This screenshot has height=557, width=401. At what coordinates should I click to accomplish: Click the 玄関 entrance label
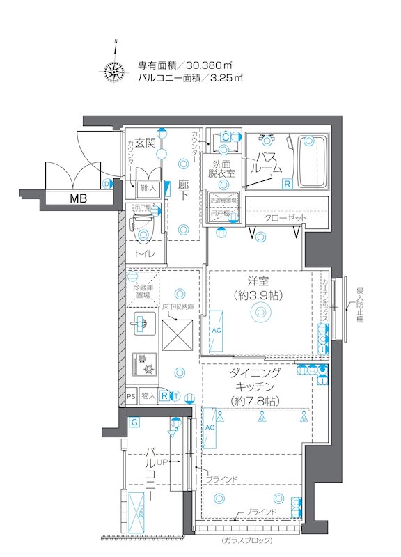pyautogui.click(x=145, y=143)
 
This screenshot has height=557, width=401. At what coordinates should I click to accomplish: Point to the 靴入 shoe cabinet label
pyautogui.click(x=150, y=188)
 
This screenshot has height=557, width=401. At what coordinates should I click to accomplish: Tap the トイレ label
pyautogui.click(x=146, y=255)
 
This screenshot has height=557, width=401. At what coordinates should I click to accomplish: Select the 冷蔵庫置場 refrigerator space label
pyautogui.click(x=142, y=290)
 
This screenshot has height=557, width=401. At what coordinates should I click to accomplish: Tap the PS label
pyautogui.click(x=131, y=396)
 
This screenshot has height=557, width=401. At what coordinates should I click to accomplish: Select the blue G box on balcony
pyautogui.click(x=134, y=422)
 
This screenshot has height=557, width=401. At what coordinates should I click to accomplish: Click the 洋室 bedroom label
pyautogui.click(x=258, y=281)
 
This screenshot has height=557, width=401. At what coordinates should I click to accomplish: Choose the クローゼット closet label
pyautogui.click(x=285, y=218)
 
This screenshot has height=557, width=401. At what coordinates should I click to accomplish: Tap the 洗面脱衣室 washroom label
pyautogui.click(x=223, y=168)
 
